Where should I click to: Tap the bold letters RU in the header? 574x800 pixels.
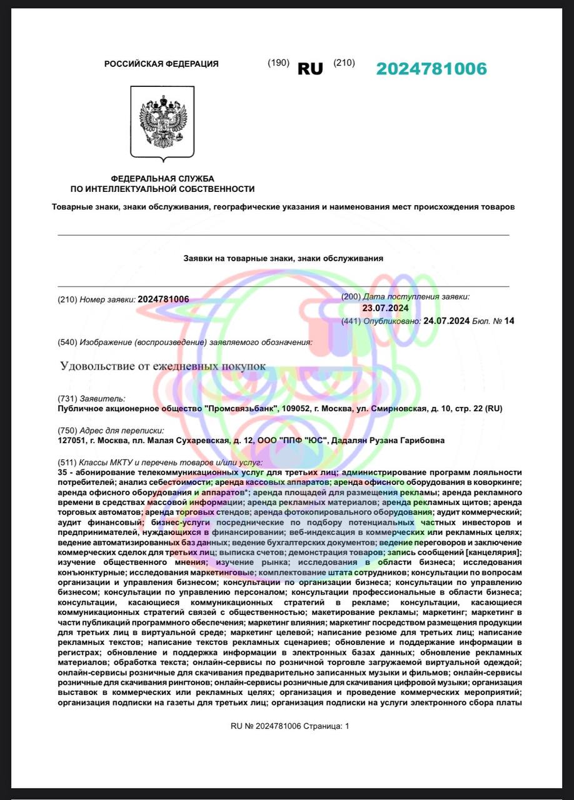click(310, 69)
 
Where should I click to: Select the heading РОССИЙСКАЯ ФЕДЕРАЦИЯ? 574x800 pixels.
click(161, 64)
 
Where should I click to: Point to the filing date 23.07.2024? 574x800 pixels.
click(385, 307)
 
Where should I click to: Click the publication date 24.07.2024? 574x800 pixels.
click(446, 321)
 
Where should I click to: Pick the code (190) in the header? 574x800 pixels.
click(278, 62)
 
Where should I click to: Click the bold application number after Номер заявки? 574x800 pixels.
click(163, 299)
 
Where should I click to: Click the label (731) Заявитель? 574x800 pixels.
click(91, 398)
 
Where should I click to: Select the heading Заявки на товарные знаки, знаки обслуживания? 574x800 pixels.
click(283, 257)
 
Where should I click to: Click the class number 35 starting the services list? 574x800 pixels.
click(62, 472)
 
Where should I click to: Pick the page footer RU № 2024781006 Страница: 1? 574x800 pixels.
click(290, 726)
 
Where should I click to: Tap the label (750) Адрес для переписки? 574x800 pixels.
click(111, 430)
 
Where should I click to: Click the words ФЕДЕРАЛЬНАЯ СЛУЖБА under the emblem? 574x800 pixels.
click(163, 179)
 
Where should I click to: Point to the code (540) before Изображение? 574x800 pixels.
click(67, 342)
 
